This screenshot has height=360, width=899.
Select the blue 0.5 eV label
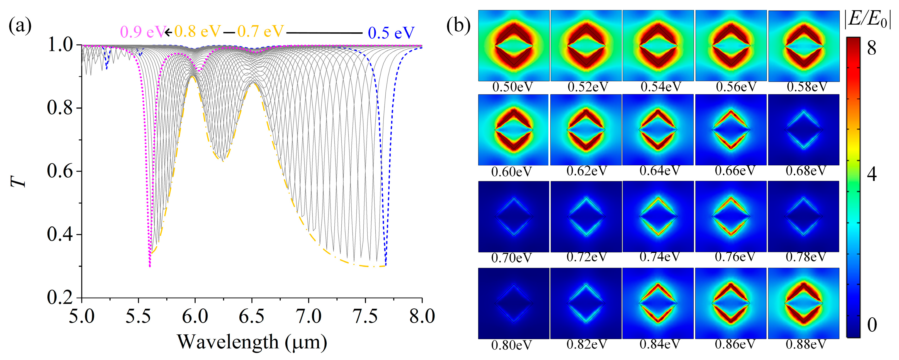click(391, 33)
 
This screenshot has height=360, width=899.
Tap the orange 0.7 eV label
click(261, 32)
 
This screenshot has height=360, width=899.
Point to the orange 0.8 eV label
click(198, 32)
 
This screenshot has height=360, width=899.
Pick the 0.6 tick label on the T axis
click(60, 171)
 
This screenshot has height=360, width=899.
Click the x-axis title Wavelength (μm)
click(252, 342)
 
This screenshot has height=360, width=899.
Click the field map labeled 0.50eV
click(514, 46)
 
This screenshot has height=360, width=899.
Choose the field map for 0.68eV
click(803, 130)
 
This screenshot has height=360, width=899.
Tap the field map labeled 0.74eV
click(658, 216)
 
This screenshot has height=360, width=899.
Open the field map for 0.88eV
click(803, 303)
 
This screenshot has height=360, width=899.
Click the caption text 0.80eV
click(511, 345)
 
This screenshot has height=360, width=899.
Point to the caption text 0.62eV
click(587, 171)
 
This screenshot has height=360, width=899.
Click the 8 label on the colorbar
click(871, 48)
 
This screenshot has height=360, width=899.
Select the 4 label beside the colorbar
click(871, 173)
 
